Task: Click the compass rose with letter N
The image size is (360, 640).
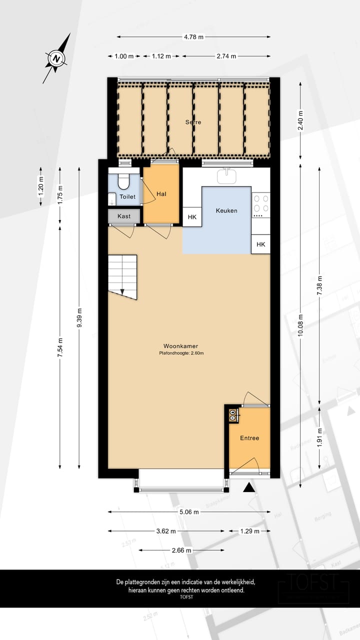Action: pos(56,58)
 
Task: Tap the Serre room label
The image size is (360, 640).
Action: pos(193,122)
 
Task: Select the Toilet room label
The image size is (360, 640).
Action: pos(127,197)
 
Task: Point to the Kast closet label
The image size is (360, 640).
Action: pos(124,216)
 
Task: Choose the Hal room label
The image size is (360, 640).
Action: pos(161,194)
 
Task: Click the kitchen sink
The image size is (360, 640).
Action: pos(227,175)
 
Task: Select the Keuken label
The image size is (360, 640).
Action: pos(226,210)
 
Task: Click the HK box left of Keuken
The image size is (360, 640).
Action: pos(192,217)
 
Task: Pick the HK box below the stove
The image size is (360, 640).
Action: pos(260,244)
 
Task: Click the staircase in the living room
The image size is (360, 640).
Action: pos(122,276)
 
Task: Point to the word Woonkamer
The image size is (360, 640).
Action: pos(177,346)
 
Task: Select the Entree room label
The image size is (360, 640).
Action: pos(249,438)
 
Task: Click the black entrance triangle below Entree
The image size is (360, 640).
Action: pos(249,487)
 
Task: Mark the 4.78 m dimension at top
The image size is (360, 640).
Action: pos(193,36)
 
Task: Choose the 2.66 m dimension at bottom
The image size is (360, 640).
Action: pos(181,550)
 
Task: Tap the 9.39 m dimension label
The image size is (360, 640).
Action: pos(79,318)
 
